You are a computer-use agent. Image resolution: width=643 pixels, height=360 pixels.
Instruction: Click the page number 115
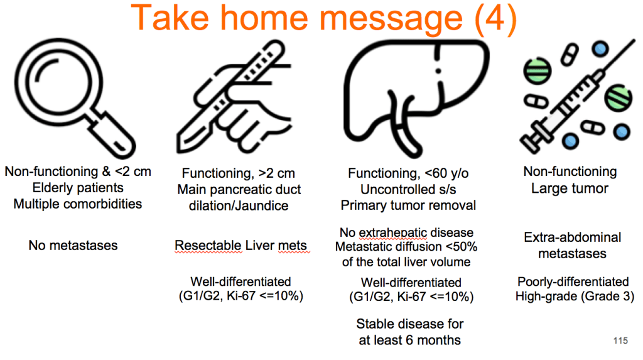click(x=620, y=341)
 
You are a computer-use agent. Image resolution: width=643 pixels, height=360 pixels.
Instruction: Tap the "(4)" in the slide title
click(x=495, y=18)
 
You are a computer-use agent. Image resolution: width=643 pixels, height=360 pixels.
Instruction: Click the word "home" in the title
click(x=264, y=18)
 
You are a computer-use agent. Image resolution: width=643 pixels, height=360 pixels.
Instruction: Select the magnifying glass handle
click(x=112, y=134)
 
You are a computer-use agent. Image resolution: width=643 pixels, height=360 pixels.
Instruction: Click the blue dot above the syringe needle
click(x=600, y=50)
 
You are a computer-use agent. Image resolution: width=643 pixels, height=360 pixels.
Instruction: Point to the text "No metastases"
click(x=73, y=246)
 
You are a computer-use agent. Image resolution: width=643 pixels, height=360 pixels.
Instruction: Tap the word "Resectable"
click(x=208, y=246)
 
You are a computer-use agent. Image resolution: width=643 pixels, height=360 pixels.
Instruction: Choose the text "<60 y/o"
click(x=446, y=173)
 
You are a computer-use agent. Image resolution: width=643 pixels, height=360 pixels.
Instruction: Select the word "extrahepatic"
click(x=393, y=232)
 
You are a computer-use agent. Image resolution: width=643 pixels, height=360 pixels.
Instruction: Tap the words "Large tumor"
click(x=570, y=188)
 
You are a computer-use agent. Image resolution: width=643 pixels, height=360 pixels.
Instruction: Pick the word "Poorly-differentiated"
click(x=573, y=282)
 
